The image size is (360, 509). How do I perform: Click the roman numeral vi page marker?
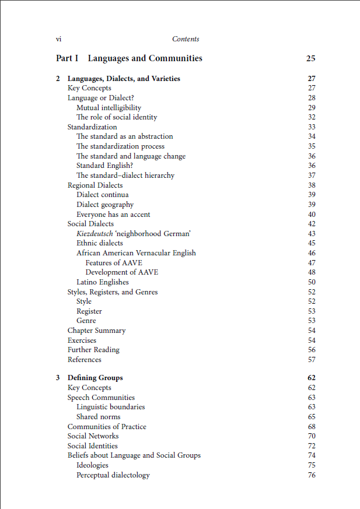click(58, 39)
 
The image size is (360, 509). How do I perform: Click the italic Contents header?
click(186, 39)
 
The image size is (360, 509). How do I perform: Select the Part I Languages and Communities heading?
click(129, 58)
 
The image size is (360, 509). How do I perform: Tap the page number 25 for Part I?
click(310, 58)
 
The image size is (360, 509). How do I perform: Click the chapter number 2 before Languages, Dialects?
click(58, 79)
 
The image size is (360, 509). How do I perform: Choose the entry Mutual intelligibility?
click(109, 107)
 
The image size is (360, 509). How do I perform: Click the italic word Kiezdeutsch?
click(95, 233)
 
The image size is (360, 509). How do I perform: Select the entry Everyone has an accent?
click(114, 214)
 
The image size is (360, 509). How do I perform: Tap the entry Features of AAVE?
click(113, 262)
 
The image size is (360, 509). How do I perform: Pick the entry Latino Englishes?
click(103, 282)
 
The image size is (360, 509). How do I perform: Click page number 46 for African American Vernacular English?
click(312, 253)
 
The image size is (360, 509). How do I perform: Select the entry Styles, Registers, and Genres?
click(113, 292)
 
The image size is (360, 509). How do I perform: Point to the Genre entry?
click(86, 321)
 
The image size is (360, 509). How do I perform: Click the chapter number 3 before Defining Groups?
click(58, 378)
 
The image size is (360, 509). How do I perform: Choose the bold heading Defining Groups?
click(95, 378)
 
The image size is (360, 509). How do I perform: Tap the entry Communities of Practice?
click(107, 426)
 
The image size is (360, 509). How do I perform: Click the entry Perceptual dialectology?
click(113, 475)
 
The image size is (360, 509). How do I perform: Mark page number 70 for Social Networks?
click(312, 436)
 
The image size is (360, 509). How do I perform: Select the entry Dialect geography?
click(105, 205)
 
